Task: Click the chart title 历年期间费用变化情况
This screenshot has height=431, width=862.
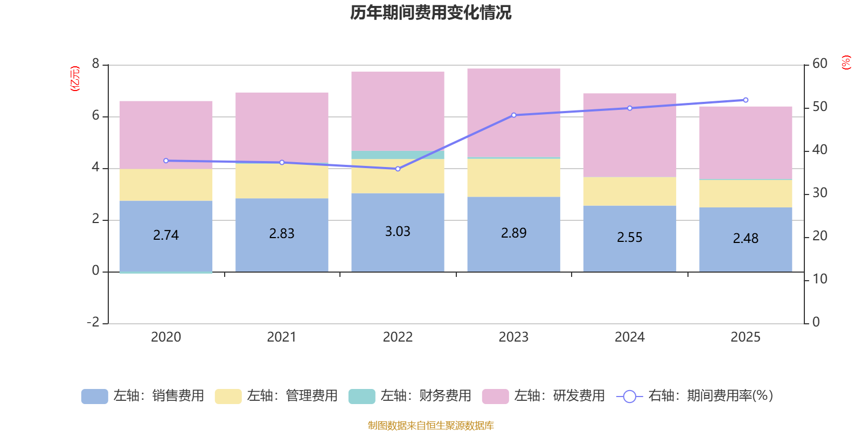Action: [x=430, y=12]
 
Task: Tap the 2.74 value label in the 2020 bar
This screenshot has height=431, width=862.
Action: [x=166, y=235]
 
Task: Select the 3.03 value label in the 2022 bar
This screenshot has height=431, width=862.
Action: [x=398, y=232]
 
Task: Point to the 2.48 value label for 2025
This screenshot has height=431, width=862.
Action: [x=746, y=238]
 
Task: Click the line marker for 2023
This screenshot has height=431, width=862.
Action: [x=513, y=115]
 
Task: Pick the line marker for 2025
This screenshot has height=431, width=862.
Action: [x=746, y=100]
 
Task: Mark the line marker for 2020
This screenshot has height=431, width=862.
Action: [x=166, y=161]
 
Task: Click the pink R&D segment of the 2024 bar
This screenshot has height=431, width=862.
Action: [x=629, y=135]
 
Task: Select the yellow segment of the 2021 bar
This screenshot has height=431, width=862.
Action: [x=282, y=181]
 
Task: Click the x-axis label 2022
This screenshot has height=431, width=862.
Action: [x=398, y=337]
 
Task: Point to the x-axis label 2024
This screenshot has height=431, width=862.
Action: [x=629, y=337]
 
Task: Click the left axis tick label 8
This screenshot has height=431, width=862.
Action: [x=96, y=64]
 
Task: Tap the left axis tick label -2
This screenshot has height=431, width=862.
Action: [x=93, y=322]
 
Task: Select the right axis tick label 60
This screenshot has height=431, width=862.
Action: [x=819, y=64]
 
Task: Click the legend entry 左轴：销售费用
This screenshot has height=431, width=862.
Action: [x=143, y=396]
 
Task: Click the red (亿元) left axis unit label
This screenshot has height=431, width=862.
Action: [x=75, y=79]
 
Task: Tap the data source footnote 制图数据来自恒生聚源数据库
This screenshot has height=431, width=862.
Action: [x=430, y=426]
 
